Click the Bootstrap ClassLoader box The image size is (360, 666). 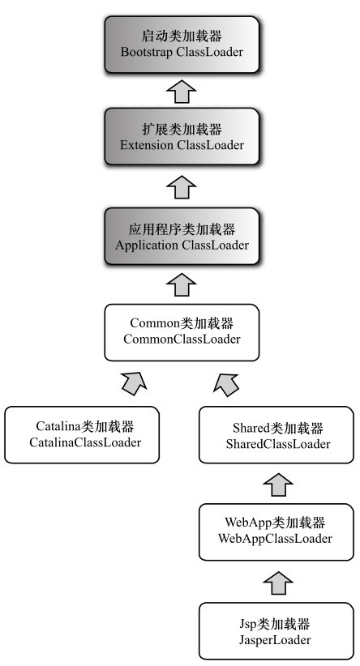tap(182, 45)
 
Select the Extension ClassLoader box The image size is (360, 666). tap(182, 136)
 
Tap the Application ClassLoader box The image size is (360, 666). tap(182, 236)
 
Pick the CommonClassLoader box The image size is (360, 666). tap(182, 332)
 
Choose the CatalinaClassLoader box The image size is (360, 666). tap(82, 434)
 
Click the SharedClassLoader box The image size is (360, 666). tap(276, 434)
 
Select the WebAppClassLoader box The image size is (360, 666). tap(276, 532)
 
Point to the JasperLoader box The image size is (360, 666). tap(276, 630)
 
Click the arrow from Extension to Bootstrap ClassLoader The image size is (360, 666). tap(182, 91)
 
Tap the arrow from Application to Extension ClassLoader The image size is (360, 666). tap(182, 187)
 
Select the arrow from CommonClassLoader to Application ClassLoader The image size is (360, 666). tap(182, 284)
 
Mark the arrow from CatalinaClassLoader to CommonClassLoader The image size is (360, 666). tap(135, 383)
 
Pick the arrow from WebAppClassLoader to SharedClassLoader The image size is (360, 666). tap(278, 485)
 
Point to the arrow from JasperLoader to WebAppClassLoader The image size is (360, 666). tap(278, 583)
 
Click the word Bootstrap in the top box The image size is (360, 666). tap(146, 52)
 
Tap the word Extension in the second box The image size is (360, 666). tap(147, 145)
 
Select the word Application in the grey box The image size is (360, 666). tap(147, 245)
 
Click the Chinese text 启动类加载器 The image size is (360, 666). tap(182, 36)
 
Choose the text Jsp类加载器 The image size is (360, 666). tap(275, 624)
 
